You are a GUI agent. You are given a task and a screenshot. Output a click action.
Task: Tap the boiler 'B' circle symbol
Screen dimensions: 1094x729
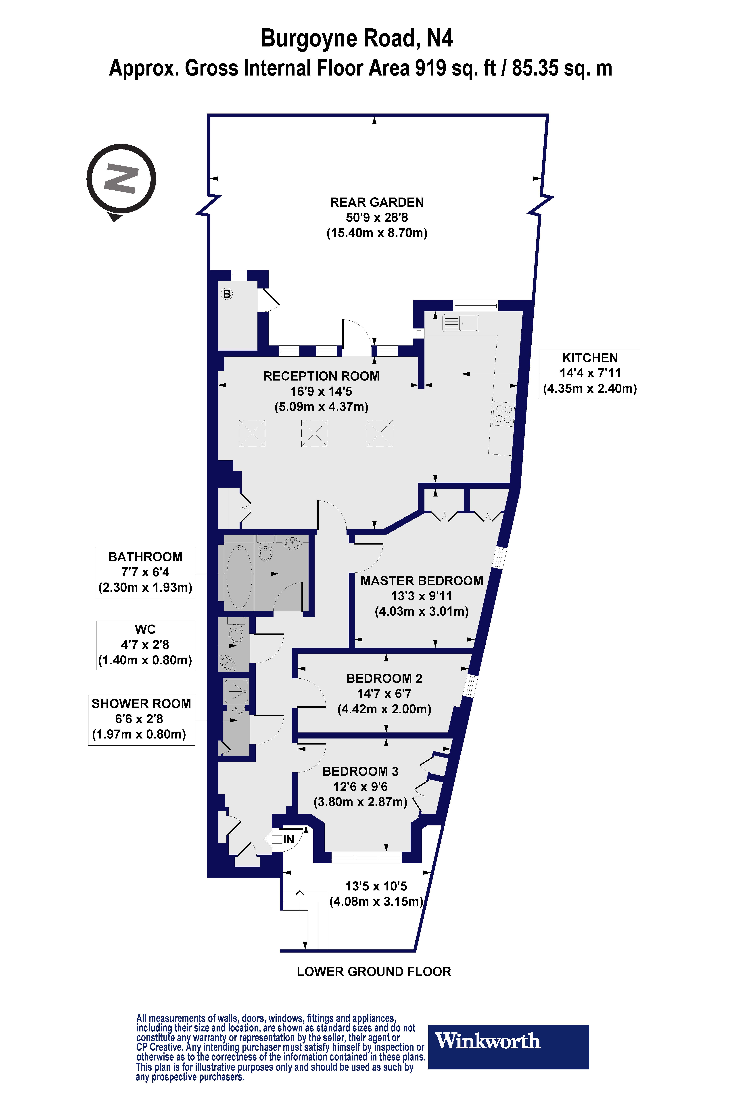click(x=227, y=294)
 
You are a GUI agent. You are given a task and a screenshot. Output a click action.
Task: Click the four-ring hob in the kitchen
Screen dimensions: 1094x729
click(x=503, y=414)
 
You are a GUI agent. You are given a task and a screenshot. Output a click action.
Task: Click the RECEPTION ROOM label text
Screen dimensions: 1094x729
click(x=321, y=376)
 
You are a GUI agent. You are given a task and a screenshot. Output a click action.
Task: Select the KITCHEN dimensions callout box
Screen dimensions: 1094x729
click(x=589, y=374)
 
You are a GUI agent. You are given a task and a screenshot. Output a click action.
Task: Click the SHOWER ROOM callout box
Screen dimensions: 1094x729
click(x=141, y=719)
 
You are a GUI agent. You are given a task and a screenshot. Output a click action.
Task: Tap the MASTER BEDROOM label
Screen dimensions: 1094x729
click(x=422, y=581)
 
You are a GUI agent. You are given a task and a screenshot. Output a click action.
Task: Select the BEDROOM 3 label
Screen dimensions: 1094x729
click(x=360, y=772)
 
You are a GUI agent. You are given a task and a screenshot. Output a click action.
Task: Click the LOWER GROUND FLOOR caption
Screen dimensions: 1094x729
click(x=374, y=972)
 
